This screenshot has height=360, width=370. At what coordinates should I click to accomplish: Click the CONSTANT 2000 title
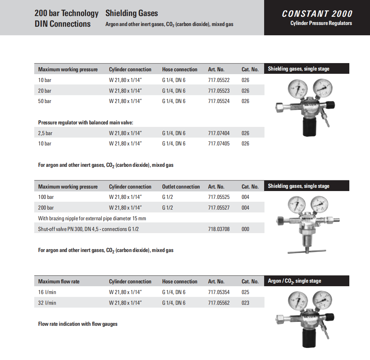[317, 14]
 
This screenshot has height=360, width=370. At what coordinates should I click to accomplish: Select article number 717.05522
[219, 80]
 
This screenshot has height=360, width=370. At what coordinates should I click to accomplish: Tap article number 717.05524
[219, 101]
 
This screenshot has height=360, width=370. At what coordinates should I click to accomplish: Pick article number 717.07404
[219, 133]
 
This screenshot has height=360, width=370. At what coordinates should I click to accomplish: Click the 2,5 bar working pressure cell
[45, 133]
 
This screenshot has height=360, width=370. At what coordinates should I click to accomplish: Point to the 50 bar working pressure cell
[45, 101]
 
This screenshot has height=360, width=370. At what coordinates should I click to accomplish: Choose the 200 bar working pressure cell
[46, 208]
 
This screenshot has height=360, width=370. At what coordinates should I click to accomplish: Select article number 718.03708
[219, 229]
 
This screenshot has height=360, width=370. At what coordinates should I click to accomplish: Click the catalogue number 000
[245, 229]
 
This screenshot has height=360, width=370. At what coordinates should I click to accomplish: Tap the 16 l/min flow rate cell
[47, 292]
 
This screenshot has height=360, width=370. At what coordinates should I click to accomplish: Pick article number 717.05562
[219, 303]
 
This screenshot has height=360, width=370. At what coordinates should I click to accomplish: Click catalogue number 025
[245, 292]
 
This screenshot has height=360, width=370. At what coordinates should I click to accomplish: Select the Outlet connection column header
[181, 187]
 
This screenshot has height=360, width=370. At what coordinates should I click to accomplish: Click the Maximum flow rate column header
[59, 282]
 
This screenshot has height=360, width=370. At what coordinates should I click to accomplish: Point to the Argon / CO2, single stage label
[294, 281]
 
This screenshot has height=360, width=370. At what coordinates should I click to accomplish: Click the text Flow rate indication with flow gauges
[78, 324]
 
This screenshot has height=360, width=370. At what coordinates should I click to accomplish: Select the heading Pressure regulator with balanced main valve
[86, 123]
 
